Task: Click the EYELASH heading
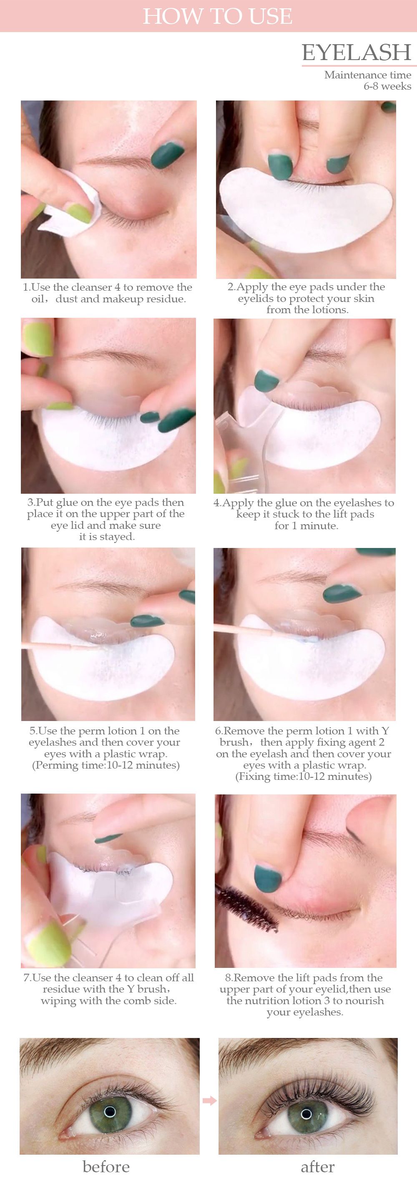(357, 52)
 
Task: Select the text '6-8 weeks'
(387, 86)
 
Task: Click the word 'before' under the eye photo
(106, 1166)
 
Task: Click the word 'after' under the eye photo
(318, 1166)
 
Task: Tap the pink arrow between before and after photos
(209, 1101)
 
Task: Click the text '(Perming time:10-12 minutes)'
(106, 765)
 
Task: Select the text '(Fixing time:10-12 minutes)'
(303, 776)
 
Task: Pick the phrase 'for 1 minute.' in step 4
(306, 525)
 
